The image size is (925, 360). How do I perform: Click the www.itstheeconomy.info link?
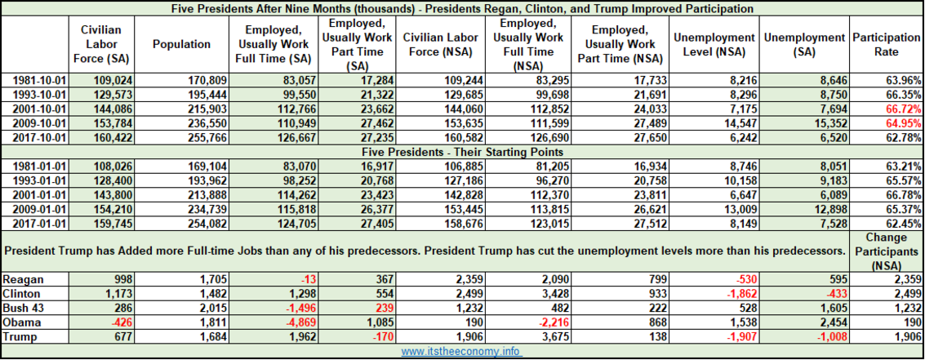461,352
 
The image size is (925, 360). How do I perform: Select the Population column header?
181,44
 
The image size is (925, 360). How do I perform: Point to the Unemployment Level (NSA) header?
714,44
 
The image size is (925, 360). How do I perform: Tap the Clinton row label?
20,293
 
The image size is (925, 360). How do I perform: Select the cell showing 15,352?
829,123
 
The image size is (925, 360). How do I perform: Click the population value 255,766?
207,137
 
